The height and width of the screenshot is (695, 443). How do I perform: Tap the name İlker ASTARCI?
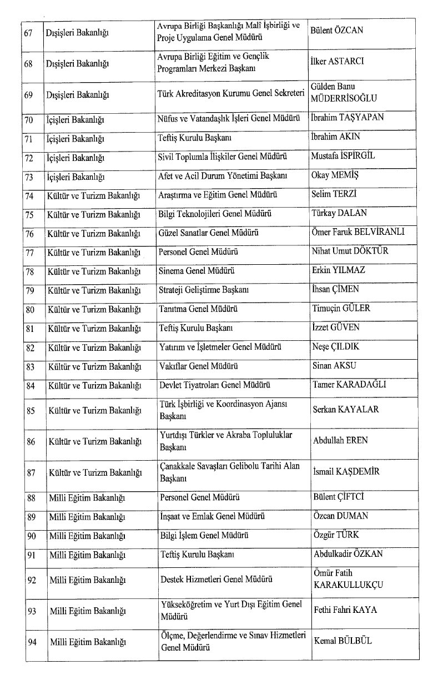coord(338,61)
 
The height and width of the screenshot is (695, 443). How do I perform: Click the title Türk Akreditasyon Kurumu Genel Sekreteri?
coord(231,94)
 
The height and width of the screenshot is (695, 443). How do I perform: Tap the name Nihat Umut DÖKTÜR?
coord(350,251)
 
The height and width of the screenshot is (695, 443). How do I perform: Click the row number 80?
coord(30,309)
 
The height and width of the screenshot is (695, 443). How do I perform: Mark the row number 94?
coord(30,642)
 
